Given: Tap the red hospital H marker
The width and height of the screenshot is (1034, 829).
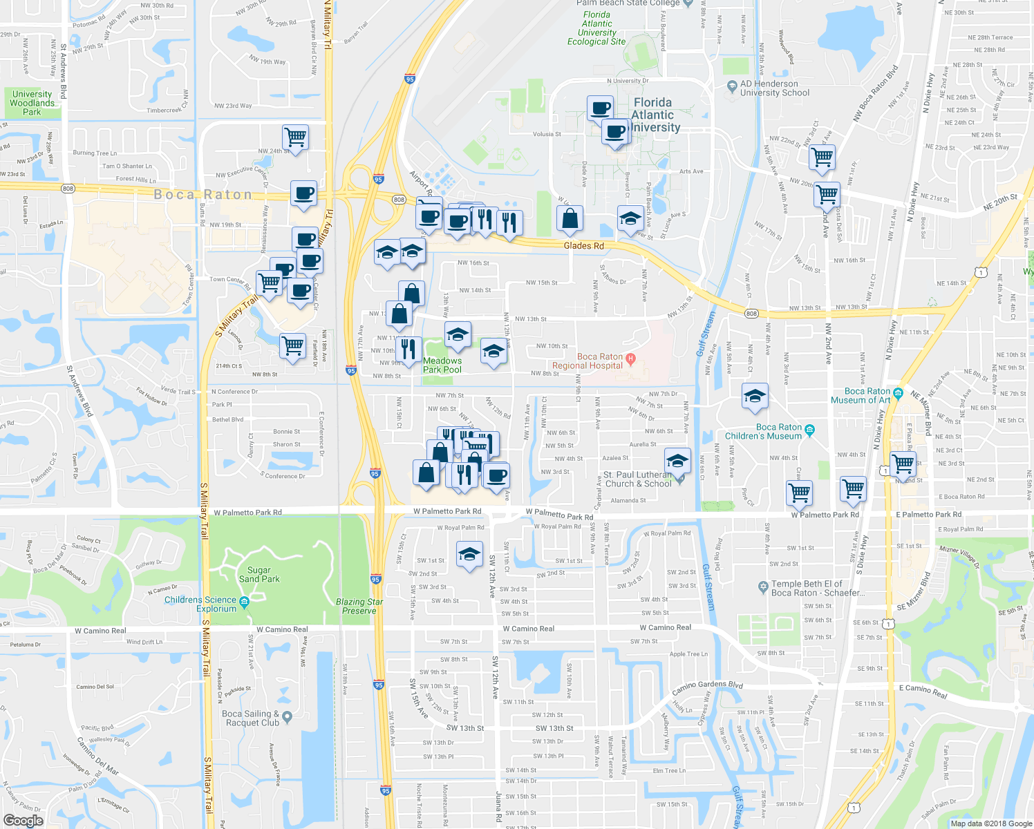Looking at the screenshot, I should click(x=630, y=359).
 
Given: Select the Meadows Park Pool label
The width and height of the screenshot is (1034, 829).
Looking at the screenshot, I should click(x=442, y=365).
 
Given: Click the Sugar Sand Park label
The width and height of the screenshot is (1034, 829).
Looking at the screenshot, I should click(x=259, y=575).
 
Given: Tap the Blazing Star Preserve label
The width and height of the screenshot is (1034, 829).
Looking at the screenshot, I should click(x=359, y=606).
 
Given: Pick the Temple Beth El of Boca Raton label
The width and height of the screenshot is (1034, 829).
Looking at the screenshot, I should click(x=817, y=589).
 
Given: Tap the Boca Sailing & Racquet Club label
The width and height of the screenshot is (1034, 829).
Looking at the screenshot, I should click(x=251, y=718).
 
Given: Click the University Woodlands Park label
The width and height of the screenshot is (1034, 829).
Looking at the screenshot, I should click(x=32, y=103).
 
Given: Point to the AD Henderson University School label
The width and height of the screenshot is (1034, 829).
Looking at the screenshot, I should click(x=775, y=88).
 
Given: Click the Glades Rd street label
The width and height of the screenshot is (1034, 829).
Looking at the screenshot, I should click(x=583, y=246).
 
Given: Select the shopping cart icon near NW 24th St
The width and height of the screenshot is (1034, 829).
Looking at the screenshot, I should click(x=295, y=137).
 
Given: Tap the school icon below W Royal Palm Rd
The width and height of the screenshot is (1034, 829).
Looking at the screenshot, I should click(x=469, y=554).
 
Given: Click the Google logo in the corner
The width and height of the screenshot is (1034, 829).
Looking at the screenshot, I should click(x=23, y=821).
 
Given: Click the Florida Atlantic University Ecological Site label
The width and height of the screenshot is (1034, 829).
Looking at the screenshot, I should click(x=596, y=28).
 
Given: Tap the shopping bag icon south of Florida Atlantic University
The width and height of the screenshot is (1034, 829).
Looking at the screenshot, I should click(x=570, y=218).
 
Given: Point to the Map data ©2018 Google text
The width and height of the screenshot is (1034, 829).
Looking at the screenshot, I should click(x=990, y=823).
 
